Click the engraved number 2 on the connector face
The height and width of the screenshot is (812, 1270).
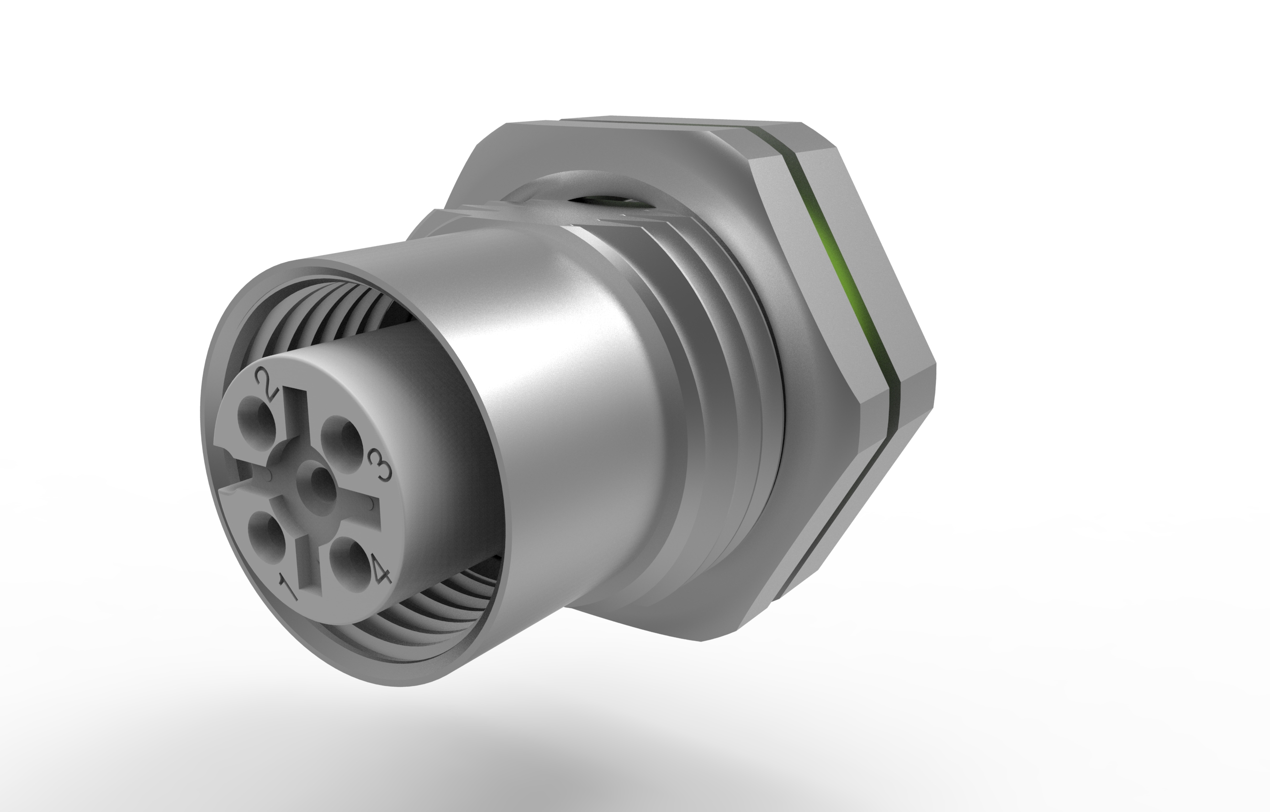point(267,385)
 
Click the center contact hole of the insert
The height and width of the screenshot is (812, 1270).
point(317,481)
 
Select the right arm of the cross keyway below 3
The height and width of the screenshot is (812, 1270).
point(364,504)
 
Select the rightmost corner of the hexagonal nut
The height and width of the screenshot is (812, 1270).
point(934,364)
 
